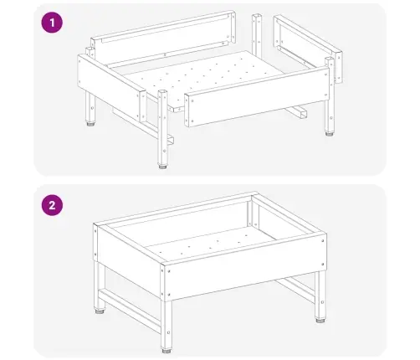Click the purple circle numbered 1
(52, 23)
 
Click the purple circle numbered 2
(52, 205)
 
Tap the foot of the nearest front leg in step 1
(162, 167)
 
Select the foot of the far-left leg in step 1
(90, 123)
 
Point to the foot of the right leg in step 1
(330, 133)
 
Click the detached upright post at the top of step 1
(257, 35)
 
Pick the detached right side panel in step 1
(308, 48)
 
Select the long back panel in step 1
(163, 39)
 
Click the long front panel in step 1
(257, 96)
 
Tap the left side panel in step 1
(111, 86)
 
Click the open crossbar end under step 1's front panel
(302, 114)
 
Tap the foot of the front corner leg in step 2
(166, 350)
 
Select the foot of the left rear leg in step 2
(100, 311)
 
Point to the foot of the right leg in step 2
(320, 320)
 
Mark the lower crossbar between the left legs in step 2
(130, 309)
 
